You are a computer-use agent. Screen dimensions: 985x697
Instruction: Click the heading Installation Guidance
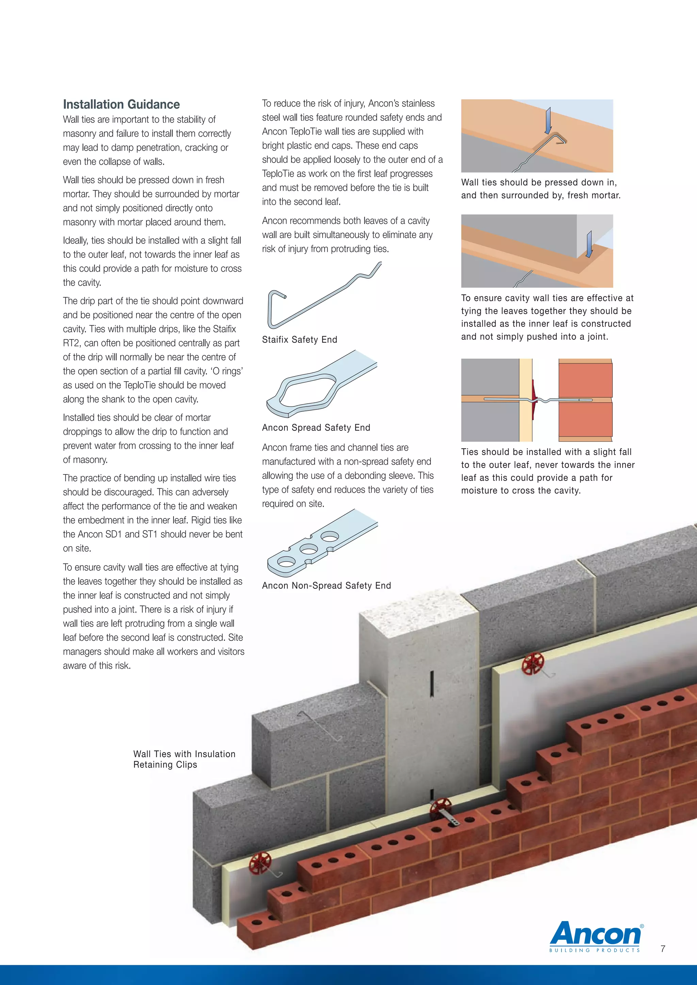pyautogui.click(x=121, y=104)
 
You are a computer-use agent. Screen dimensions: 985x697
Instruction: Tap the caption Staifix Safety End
pyautogui.click(x=299, y=340)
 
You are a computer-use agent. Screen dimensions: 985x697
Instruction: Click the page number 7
pyautogui.click(x=663, y=949)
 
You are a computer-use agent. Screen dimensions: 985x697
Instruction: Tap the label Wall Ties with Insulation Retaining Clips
pyautogui.click(x=184, y=759)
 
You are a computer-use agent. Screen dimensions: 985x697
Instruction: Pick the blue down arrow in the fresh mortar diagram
pyautogui.click(x=548, y=121)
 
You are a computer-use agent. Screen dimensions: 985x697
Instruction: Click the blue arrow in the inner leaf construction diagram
pyautogui.click(x=589, y=245)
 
